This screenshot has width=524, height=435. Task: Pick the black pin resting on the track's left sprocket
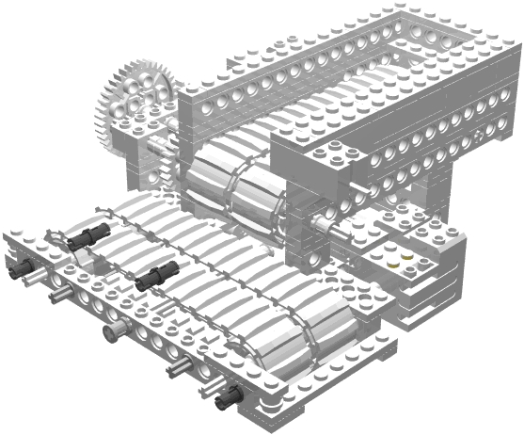click(x=90, y=237)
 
